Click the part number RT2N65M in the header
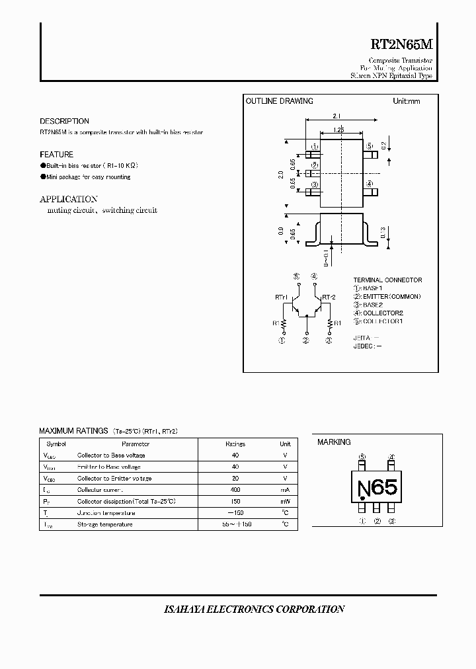tap(401, 46)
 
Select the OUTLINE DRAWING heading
tap(279, 101)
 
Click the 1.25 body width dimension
tap(338, 130)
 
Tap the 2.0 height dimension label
tap(281, 175)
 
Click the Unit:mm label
tap(406, 101)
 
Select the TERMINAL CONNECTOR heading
tap(387, 280)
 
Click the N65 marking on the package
tap(377, 489)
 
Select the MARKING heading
tap(334, 442)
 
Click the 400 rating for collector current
tap(235, 490)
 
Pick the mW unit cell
tap(286, 501)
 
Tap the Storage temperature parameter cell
tap(105, 524)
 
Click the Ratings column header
tap(235, 444)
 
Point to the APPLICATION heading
tap(69, 199)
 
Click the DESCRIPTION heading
tap(64, 122)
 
